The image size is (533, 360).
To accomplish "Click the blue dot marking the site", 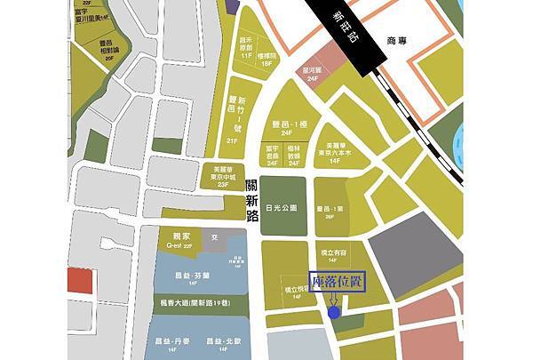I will pos(332,312).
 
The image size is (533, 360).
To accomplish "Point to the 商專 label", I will pos(397,42).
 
